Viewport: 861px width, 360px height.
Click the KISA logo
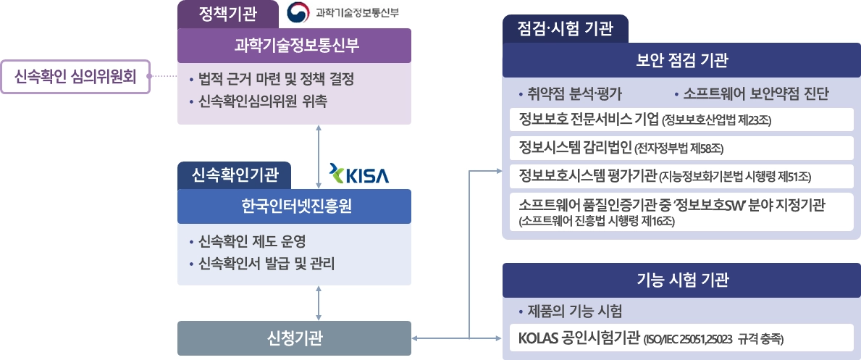(x=358, y=175)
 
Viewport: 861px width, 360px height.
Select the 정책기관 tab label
(x=227, y=13)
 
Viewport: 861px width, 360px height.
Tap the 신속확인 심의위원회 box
(x=74, y=75)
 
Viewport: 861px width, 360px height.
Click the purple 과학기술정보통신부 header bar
(x=294, y=45)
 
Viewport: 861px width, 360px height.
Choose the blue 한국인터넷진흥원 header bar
(x=294, y=206)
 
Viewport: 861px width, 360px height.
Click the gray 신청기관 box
(x=294, y=338)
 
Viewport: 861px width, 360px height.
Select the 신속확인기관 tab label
(x=234, y=175)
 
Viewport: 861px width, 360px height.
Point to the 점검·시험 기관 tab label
(x=566, y=30)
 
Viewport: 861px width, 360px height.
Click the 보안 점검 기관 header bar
(x=681, y=59)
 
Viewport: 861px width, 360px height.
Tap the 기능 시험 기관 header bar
(x=681, y=280)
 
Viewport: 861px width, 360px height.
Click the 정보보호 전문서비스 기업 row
(x=681, y=119)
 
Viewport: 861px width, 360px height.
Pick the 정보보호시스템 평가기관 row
(x=681, y=175)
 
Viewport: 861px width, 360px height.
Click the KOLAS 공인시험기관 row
(x=681, y=338)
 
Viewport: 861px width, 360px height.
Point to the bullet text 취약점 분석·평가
(x=575, y=94)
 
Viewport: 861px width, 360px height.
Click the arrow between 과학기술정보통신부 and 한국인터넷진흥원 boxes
(x=319, y=156)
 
